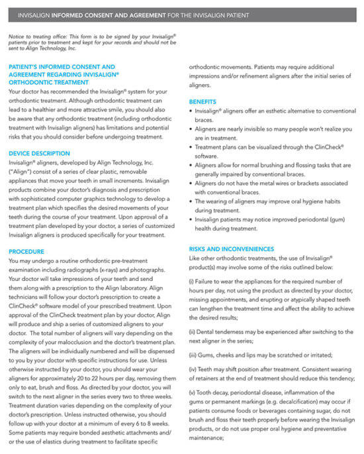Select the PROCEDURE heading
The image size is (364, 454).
(x=26, y=252)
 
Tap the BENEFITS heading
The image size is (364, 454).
(x=203, y=101)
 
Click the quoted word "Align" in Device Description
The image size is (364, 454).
(x=22, y=172)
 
